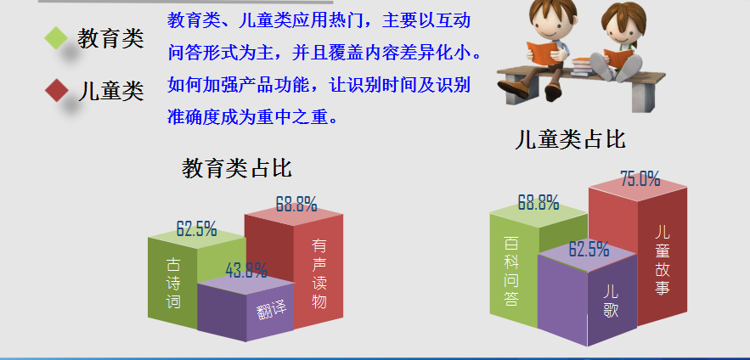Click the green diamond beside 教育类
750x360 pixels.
[56, 37]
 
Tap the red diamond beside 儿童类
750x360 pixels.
[56, 90]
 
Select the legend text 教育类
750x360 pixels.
[110, 38]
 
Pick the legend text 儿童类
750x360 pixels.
[110, 91]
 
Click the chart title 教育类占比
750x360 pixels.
[237, 168]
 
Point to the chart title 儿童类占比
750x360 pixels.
[570, 139]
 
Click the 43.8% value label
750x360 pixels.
[245, 271]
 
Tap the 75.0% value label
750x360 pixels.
[640, 179]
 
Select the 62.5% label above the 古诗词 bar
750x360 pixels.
[196, 229]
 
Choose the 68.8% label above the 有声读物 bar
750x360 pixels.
[296, 205]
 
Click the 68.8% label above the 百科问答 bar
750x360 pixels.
[539, 203]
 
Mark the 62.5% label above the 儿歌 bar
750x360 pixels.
[589, 250]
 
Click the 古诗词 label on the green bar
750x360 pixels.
[173, 283]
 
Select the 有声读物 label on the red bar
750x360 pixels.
[319, 273]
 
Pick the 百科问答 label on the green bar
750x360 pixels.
[510, 271]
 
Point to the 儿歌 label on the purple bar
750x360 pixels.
[611, 301]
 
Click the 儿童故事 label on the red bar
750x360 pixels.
[663, 260]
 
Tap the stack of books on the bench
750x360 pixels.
[582, 67]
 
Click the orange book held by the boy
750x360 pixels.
[543, 53]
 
